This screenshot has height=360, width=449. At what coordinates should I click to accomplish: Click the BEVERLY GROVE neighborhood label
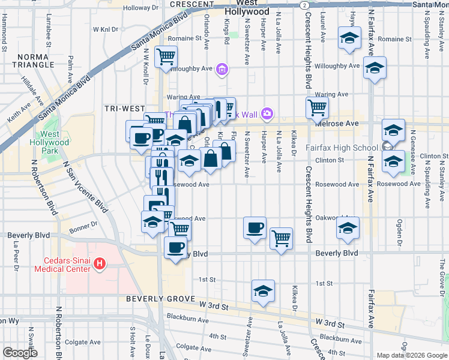click(160, 298)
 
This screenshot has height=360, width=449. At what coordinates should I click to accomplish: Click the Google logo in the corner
click(19, 353)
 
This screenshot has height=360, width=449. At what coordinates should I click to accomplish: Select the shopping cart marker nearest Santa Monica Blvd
click(166, 58)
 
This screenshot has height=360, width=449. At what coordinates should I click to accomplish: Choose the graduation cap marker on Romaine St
click(349, 38)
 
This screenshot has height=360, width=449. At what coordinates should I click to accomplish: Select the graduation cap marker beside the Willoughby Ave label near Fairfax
click(375, 68)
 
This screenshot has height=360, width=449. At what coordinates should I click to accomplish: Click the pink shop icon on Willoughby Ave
click(222, 70)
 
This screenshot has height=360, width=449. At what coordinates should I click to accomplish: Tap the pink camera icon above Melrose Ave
click(267, 113)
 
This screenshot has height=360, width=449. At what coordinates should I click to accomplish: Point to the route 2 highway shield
click(306, 4)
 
